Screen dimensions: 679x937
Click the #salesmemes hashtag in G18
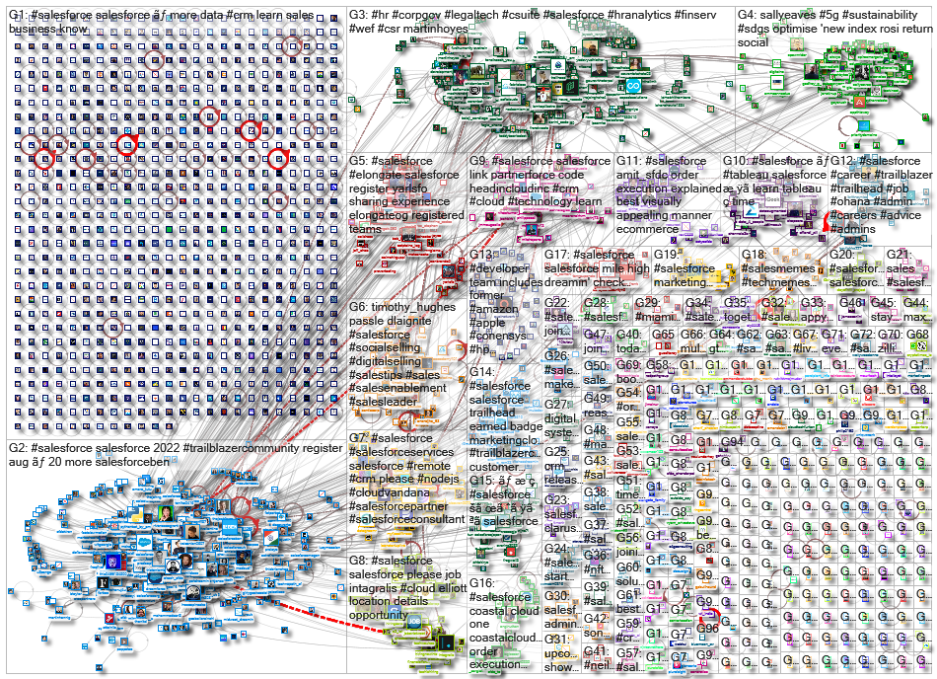pyautogui.click(x=779, y=268)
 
